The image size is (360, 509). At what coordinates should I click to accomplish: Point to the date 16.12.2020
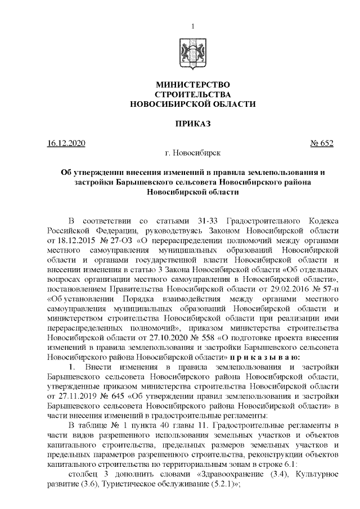tap(66, 143)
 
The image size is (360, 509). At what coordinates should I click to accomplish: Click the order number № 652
tap(322, 143)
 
